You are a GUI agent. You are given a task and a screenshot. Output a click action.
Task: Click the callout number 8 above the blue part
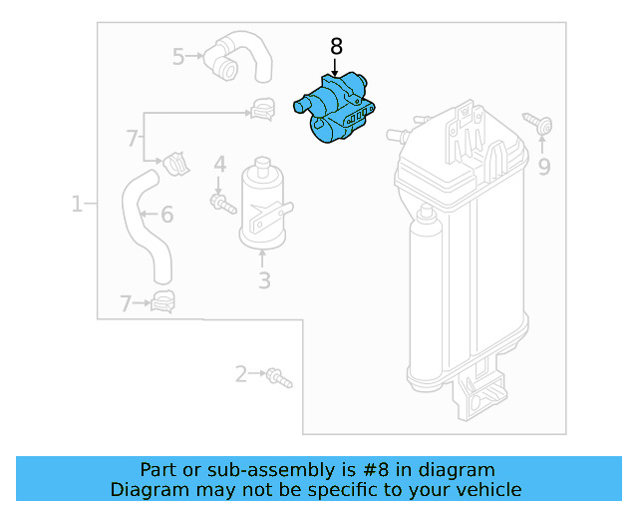pyautogui.click(x=336, y=46)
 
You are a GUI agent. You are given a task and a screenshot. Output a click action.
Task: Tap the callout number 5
pyautogui.click(x=178, y=57)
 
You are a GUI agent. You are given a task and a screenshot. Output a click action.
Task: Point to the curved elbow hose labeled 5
pyautogui.click(x=239, y=57)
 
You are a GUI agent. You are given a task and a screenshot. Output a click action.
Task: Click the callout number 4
pyautogui.click(x=220, y=163)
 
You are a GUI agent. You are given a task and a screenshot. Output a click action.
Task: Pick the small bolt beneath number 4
pyautogui.click(x=221, y=204)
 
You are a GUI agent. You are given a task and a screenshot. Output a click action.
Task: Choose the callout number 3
pyautogui.click(x=264, y=280)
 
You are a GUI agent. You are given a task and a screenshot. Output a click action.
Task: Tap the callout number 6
pyautogui.click(x=166, y=215)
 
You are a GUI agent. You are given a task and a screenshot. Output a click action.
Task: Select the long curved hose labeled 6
pyautogui.click(x=145, y=225)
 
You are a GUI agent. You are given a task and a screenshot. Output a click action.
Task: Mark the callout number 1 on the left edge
pyautogui.click(x=77, y=205)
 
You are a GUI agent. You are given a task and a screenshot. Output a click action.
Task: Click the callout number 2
pyautogui.click(x=240, y=374)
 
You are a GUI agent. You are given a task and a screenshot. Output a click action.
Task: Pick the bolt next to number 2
pyautogui.click(x=279, y=377)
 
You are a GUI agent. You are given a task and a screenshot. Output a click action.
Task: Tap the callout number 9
pyautogui.click(x=543, y=167)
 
